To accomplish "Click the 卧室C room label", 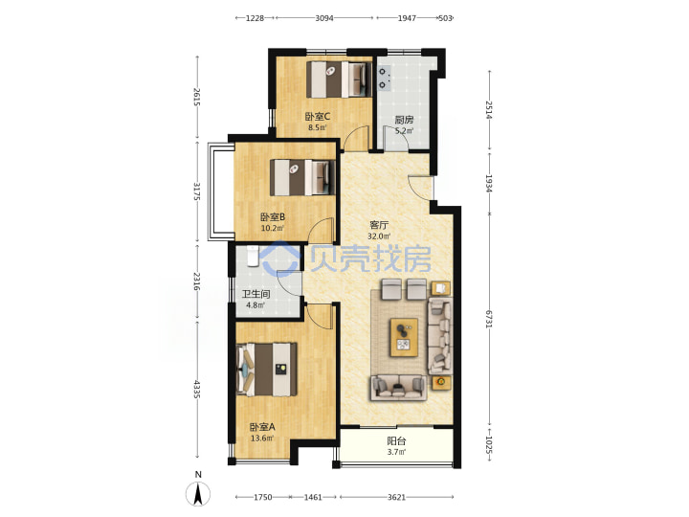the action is (x=318, y=117).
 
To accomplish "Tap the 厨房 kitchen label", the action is (x=404, y=120).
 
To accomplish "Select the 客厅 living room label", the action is (x=379, y=225).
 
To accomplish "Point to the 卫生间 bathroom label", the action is (x=256, y=294).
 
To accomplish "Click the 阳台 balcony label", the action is (x=396, y=440).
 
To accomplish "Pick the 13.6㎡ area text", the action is (x=262, y=438).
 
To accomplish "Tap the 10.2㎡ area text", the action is (x=273, y=228).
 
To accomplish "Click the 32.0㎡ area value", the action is (x=379, y=236).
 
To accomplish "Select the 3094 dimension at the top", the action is (x=324, y=18).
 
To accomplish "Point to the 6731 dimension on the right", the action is (x=489, y=319).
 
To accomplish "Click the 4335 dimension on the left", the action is (x=197, y=390).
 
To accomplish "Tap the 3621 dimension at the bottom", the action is (x=396, y=497).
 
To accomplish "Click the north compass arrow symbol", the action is (x=198, y=494).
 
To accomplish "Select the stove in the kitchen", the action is (x=385, y=79).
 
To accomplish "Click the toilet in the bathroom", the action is (x=253, y=257).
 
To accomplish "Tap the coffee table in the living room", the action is (x=404, y=337).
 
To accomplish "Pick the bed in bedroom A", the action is (x=266, y=370).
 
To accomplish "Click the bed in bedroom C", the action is (x=339, y=79).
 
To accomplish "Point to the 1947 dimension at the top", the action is (x=407, y=18).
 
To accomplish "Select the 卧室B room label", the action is (x=273, y=216).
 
